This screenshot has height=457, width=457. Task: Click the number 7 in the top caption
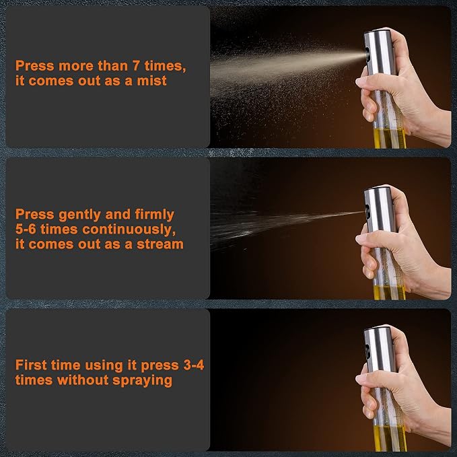click(x=136, y=65)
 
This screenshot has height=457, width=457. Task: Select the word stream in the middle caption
click(x=160, y=244)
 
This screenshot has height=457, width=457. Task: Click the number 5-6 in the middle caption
click(x=26, y=229)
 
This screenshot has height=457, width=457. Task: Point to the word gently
click(x=80, y=215)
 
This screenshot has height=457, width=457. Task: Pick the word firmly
click(x=155, y=215)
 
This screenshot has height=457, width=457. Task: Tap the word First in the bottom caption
click(x=31, y=365)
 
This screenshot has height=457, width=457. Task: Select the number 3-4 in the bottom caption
click(x=194, y=365)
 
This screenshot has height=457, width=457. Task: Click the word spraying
click(x=142, y=381)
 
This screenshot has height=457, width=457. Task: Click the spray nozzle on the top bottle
click(x=367, y=54)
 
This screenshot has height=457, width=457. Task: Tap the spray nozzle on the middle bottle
click(x=367, y=211)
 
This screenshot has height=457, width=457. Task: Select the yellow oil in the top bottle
click(x=390, y=138)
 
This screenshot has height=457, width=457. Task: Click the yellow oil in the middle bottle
click(x=390, y=292)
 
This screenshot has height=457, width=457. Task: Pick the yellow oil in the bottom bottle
click(x=390, y=438)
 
